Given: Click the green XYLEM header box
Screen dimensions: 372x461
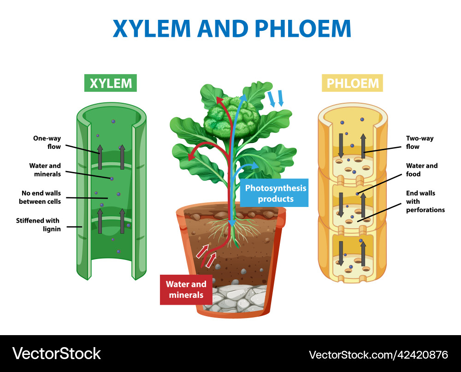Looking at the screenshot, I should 111,83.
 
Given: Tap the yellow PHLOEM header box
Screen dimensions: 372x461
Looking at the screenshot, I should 353,83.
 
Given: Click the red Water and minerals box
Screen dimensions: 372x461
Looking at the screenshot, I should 186,289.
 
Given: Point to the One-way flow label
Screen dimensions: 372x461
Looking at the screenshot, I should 47,142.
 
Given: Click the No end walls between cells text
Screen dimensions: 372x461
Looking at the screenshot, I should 40,197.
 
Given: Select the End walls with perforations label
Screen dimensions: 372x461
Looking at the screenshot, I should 425,201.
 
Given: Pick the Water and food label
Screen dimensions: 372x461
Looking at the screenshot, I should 422,170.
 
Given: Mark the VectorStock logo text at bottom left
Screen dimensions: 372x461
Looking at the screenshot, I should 57,354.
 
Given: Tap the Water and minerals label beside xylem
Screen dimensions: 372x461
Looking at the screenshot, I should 45,170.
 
